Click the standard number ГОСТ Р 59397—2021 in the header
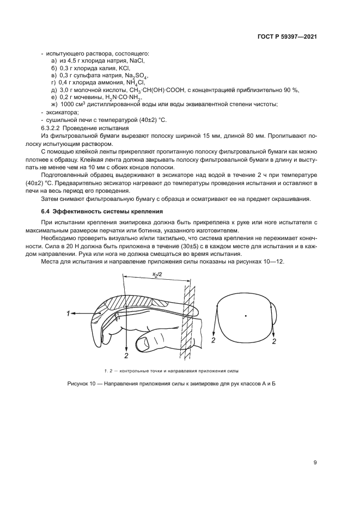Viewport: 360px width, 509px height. tap(287, 37)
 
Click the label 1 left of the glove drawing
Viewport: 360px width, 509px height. tap(69, 314)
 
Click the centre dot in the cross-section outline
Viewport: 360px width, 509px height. tap(246, 316)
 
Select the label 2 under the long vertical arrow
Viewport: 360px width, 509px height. tap(126, 355)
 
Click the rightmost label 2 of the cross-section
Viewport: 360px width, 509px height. tap(274, 341)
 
